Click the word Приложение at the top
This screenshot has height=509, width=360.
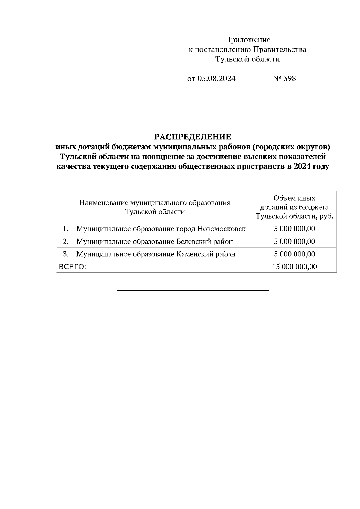pos(247,40)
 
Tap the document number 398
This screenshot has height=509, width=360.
pos(289,79)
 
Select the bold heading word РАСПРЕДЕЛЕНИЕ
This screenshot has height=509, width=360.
pos(193,137)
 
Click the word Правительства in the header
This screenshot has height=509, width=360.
pos(280,49)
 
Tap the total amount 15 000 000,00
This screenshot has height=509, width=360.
pos(294,267)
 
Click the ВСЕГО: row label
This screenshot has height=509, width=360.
pos(72,267)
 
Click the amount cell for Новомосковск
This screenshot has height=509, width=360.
pos(294,229)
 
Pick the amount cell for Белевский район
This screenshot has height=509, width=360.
pos(294,241)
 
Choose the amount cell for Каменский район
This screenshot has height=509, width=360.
pos(294,254)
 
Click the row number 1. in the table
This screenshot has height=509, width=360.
pos(66,229)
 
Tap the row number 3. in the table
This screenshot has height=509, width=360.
pos(66,254)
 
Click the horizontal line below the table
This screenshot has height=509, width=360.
pos(193,290)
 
